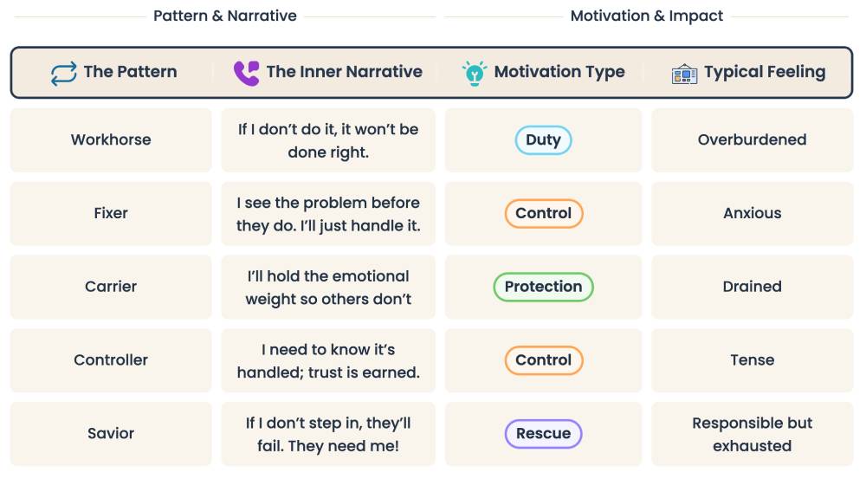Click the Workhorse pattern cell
pyautogui.click(x=111, y=140)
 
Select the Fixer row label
pyautogui.click(x=111, y=213)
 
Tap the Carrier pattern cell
pyautogui.click(x=111, y=287)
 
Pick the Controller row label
pyautogui.click(x=111, y=360)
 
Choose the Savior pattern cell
pyautogui.click(x=111, y=433)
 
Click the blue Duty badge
pyautogui.click(x=543, y=140)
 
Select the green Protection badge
pyautogui.click(x=543, y=287)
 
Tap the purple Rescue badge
pyautogui.click(x=543, y=433)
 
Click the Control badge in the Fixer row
pyautogui.click(x=543, y=213)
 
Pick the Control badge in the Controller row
pyautogui.click(x=543, y=360)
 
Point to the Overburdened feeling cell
pyautogui.click(x=752, y=140)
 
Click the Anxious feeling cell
pyautogui.click(x=752, y=213)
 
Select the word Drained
pyautogui.click(x=752, y=287)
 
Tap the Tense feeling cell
pyautogui.click(x=752, y=360)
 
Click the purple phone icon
pyautogui.click(x=246, y=73)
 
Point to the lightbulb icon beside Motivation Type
pyautogui.click(x=474, y=73)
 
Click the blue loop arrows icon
pyautogui.click(x=64, y=73)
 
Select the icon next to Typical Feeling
pyautogui.click(x=684, y=74)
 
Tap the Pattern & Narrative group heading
pyautogui.click(x=225, y=16)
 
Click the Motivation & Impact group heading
pyautogui.click(x=647, y=16)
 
